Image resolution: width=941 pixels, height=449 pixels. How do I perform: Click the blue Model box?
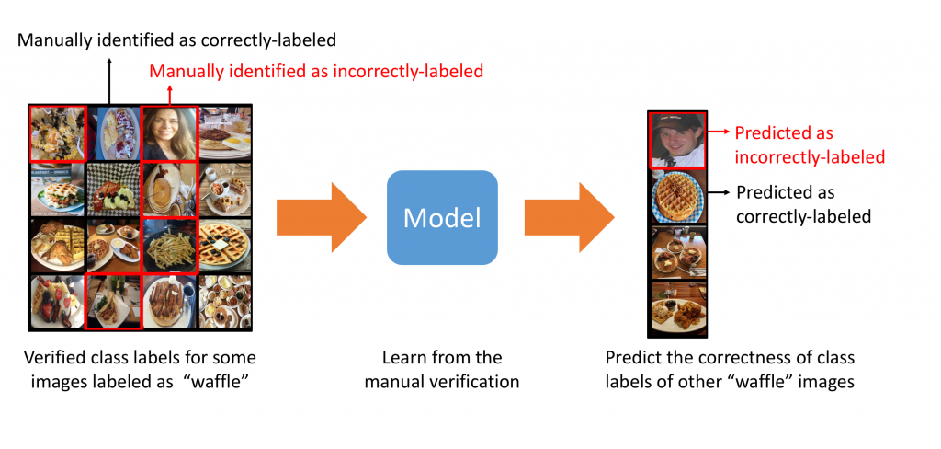pyautogui.click(x=442, y=217)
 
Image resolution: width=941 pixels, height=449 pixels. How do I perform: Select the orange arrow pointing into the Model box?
pyautogui.click(x=321, y=218)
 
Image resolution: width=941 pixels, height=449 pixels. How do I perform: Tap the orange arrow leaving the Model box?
pyautogui.click(x=568, y=218)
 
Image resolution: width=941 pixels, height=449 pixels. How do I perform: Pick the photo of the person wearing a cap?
pyautogui.click(x=678, y=139)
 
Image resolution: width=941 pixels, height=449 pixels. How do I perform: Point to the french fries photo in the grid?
pyautogui.click(x=169, y=244)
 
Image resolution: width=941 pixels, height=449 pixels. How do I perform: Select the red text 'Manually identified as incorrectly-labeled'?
pyautogui.click(x=316, y=71)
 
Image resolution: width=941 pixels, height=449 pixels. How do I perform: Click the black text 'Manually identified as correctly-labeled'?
pyautogui.click(x=177, y=40)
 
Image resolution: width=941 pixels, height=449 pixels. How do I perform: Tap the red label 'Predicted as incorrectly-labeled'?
pyautogui.click(x=809, y=145)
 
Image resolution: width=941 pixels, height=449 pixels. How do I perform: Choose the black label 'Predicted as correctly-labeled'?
pyautogui.click(x=803, y=204)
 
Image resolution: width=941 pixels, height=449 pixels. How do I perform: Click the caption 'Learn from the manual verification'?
pyautogui.click(x=442, y=368)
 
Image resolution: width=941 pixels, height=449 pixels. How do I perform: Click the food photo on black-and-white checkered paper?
pyautogui.click(x=113, y=189)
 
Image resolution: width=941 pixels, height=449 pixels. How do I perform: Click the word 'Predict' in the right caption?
pyautogui.click(x=631, y=357)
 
